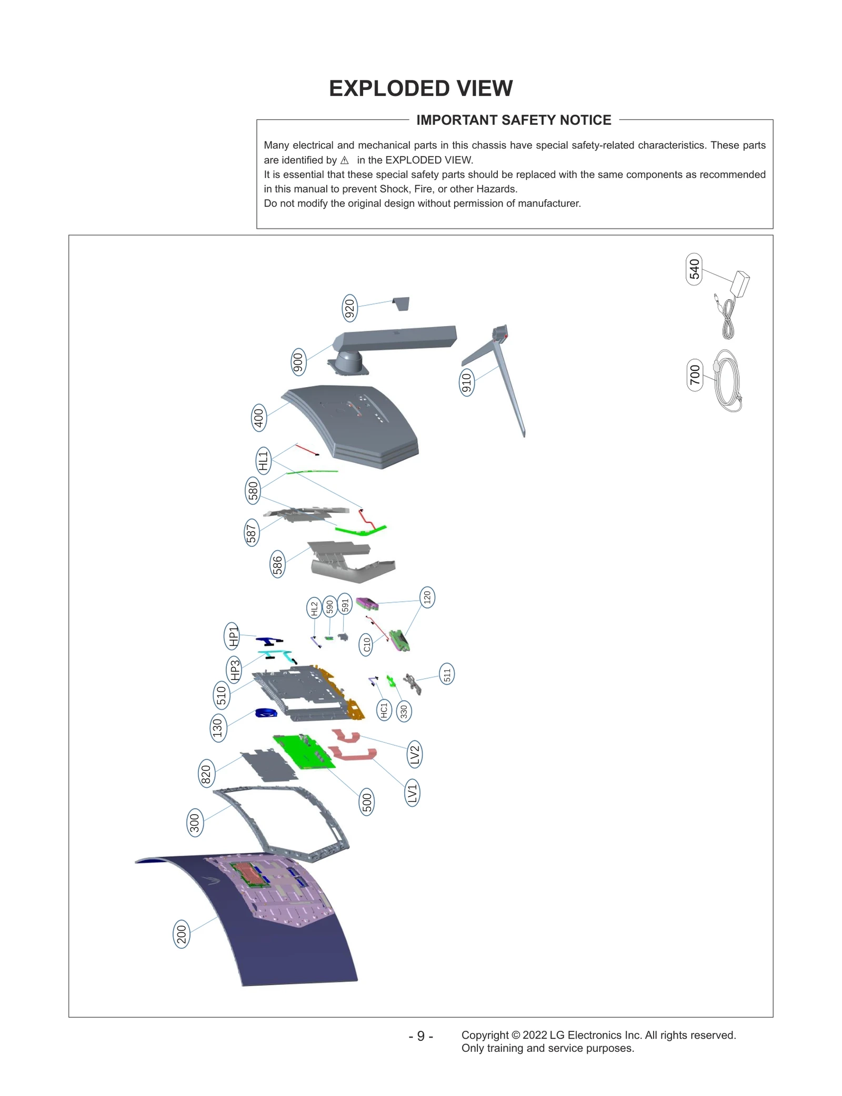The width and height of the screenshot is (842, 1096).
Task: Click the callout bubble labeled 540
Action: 694,269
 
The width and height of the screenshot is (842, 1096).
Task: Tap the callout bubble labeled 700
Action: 695,374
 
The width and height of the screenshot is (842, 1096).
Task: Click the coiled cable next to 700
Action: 729,381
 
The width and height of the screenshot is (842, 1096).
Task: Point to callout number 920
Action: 349,309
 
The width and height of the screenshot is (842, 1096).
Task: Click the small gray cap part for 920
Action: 402,303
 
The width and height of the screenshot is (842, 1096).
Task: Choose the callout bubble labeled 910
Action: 466,382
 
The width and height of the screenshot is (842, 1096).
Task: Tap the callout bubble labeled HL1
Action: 263,461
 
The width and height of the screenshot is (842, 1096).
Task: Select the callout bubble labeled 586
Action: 277,565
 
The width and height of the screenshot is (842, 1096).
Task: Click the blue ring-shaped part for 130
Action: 266,713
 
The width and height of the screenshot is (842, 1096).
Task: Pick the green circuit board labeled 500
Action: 304,752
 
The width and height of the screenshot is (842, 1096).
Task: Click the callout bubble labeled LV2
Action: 415,755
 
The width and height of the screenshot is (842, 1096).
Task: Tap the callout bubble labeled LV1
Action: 412,793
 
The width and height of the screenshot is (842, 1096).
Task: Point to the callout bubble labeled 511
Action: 447,674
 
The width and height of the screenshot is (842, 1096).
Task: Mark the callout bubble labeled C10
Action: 367,644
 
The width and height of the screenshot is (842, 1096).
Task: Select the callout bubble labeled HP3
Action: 234,669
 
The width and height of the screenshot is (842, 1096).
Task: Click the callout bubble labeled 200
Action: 182,935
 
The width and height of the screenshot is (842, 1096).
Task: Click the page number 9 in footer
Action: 420,1036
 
